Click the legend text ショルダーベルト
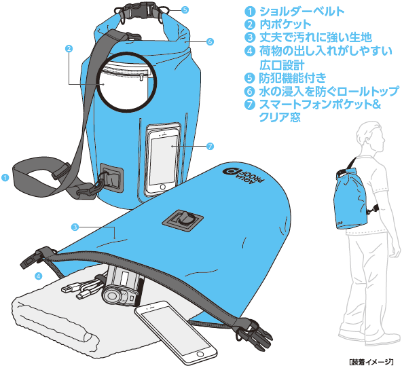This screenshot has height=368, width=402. tap(301, 11)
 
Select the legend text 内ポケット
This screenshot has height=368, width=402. tap(285, 24)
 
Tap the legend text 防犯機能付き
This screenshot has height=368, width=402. tap(293, 78)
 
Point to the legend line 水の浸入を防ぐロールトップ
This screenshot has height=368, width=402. tap(329, 91)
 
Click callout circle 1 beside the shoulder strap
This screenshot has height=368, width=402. tap(5, 177)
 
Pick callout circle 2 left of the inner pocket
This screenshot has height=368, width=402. tap(69, 48)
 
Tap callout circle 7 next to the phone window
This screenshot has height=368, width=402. tap(210, 146)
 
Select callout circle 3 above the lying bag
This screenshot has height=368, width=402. tap(75, 227)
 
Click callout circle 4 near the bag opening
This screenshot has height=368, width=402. tap(39, 276)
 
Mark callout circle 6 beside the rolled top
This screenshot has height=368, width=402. tap(210, 41)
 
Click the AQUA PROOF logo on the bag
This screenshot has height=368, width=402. tap(244, 176)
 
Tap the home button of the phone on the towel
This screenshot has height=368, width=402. tap(200, 354)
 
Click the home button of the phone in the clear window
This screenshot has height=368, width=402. tap(162, 187)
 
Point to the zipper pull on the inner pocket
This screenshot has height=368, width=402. tap(141, 77)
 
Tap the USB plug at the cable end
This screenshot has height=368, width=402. tap(67, 289)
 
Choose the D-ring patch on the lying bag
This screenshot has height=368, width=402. tap(183, 219)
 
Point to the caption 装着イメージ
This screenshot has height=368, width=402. tap(371, 362)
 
